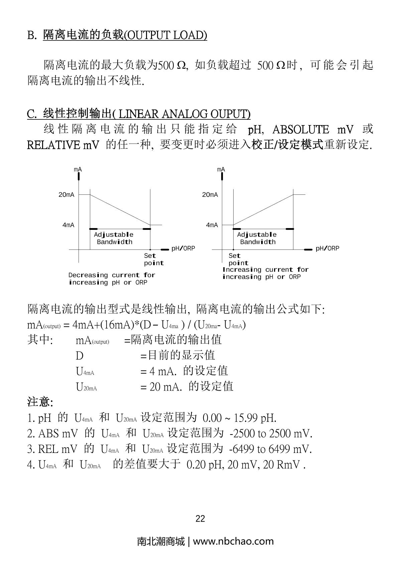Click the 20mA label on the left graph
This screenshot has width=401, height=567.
[x=66, y=195]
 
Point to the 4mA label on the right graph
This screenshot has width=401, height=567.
[x=212, y=225]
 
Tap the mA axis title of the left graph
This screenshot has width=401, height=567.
[x=78, y=169]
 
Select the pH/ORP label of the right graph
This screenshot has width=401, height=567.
[x=327, y=248]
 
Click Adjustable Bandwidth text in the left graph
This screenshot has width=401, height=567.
[x=114, y=238]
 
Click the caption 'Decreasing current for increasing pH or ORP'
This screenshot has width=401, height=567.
[x=112, y=279]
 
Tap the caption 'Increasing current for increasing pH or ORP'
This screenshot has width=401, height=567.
[x=265, y=273]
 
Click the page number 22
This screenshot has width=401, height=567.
[x=200, y=519]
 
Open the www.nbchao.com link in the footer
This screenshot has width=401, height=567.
[x=233, y=541]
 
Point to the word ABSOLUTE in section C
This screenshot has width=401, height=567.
[x=300, y=129]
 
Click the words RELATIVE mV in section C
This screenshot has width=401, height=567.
[x=63, y=145]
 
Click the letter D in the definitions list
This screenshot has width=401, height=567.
[x=80, y=356]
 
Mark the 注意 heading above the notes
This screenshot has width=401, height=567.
[x=40, y=402]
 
